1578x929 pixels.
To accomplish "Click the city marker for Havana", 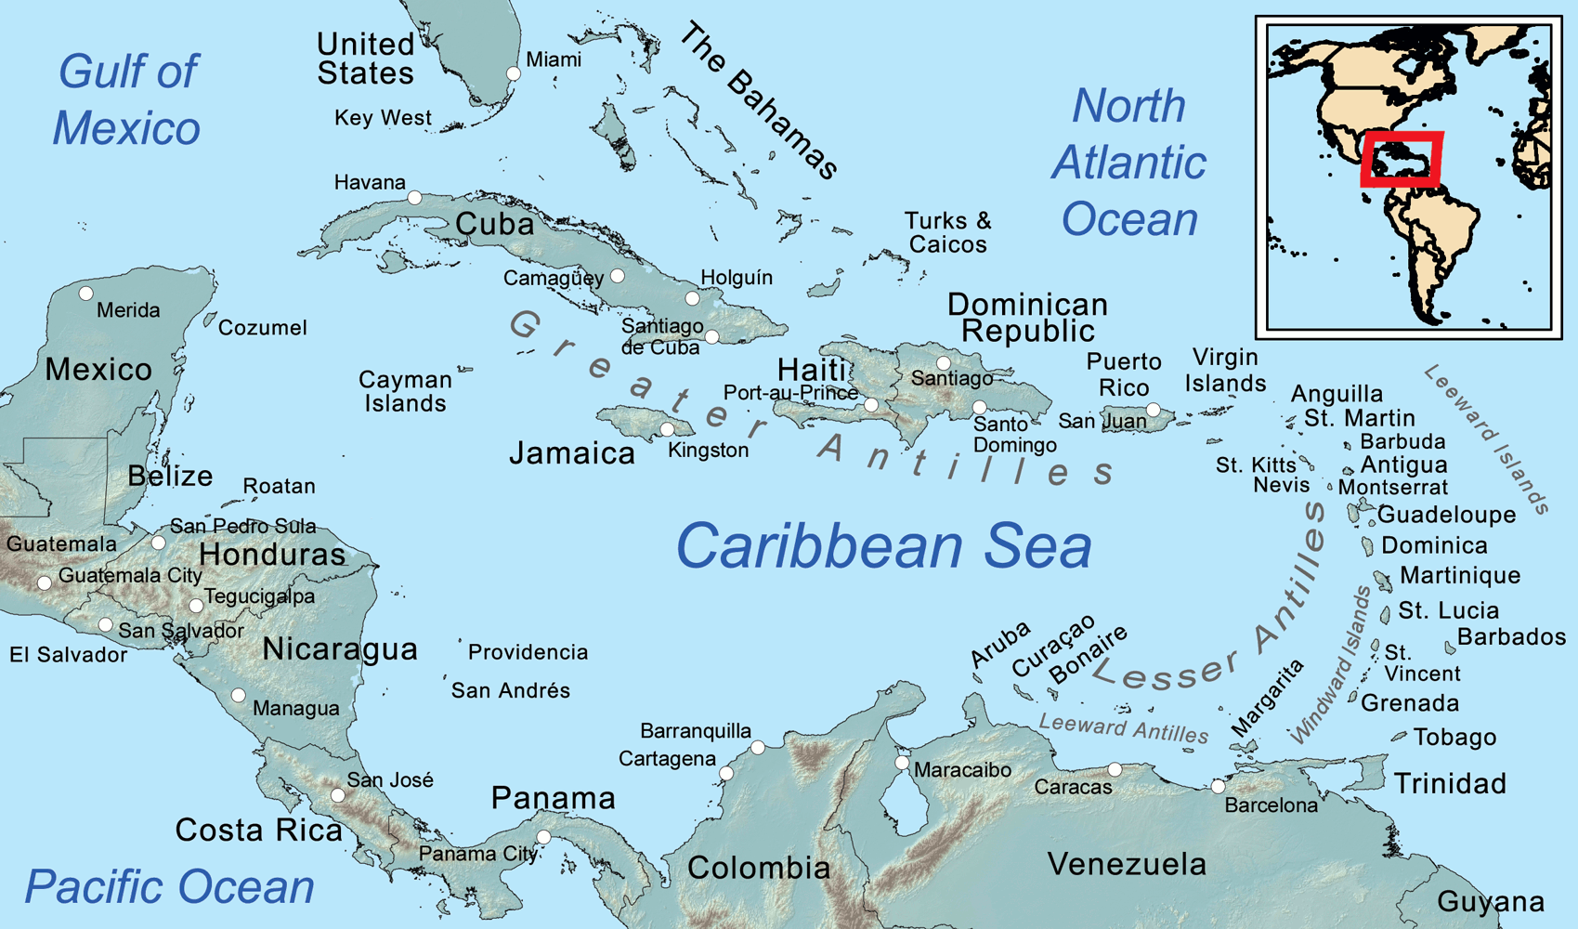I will click(415, 198).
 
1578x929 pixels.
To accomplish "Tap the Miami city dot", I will click(513, 73).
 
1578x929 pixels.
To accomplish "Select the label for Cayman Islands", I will click(405, 391).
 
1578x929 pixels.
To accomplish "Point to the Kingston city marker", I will click(667, 429).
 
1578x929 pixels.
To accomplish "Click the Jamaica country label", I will click(572, 453).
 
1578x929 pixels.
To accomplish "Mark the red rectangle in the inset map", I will click(1402, 160).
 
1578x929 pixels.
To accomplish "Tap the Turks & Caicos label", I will click(947, 232).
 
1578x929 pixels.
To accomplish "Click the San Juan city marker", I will click(1153, 410).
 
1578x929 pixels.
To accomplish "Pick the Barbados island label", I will click(1511, 637).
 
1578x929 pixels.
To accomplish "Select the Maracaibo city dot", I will click(901, 763).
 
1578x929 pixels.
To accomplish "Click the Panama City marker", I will click(544, 837).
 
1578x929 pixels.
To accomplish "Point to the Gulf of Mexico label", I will click(126, 99).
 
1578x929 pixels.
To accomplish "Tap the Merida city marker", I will click(85, 294).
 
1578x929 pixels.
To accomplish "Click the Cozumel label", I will click(262, 328).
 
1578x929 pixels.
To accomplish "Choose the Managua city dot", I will click(238, 695).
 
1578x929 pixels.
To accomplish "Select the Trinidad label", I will click(1450, 783).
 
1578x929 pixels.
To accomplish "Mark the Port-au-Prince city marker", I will click(870, 405).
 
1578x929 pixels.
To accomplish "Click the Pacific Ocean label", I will click(169, 886).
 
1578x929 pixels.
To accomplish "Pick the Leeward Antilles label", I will click(1124, 728).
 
